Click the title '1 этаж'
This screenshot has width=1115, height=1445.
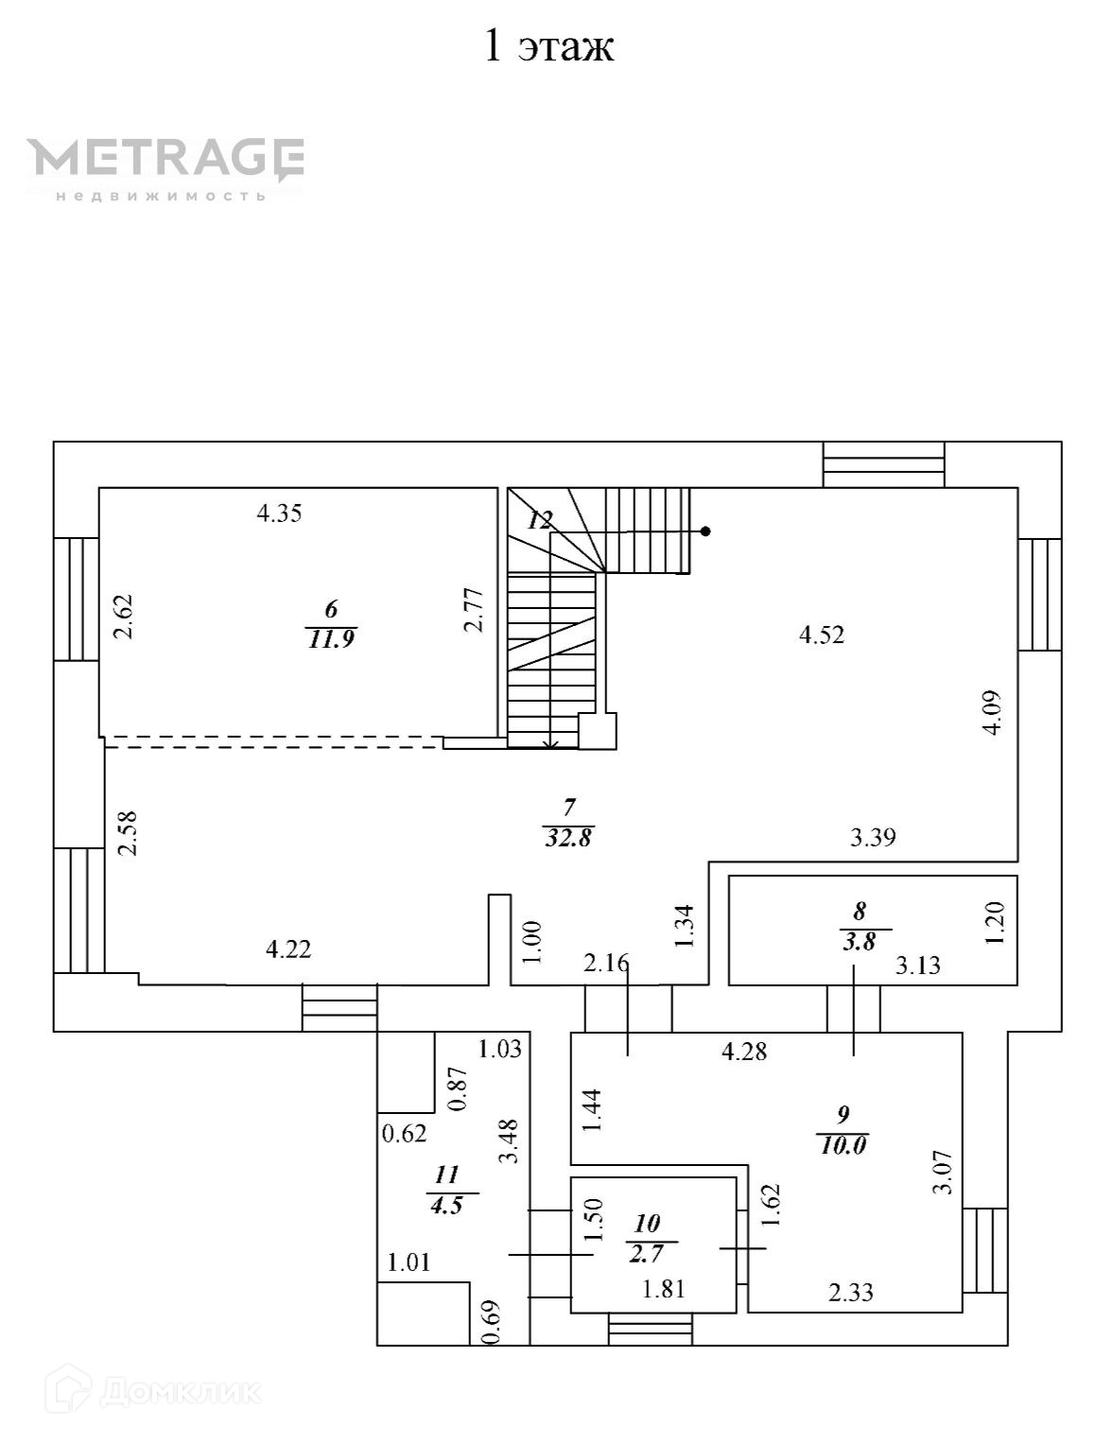coord(549,45)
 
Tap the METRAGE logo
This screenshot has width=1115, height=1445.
coord(166,162)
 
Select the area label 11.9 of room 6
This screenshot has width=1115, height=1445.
coord(331,639)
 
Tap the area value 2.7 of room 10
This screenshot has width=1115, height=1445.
coord(646,1255)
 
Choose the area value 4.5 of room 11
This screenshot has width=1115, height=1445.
coord(445,1207)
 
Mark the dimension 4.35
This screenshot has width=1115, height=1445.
coord(279,514)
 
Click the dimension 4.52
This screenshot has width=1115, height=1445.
coord(821,635)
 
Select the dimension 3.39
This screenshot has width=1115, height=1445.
coord(872,837)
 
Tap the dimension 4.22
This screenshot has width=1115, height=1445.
coord(287,949)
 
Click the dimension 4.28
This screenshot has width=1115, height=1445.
coord(743,1051)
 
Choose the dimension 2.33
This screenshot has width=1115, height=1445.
coord(850,1292)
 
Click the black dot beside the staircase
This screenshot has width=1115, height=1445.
coord(706,531)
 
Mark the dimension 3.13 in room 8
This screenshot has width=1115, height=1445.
coord(918,966)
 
